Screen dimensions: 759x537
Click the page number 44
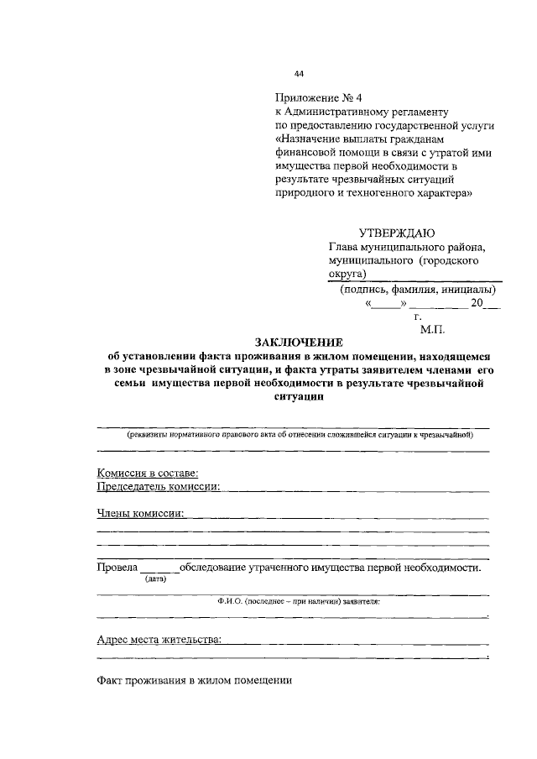pyautogui.click(x=300, y=74)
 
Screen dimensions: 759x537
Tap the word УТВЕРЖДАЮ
pyautogui.click(x=397, y=233)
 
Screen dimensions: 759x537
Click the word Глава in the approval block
pyautogui.click(x=347, y=248)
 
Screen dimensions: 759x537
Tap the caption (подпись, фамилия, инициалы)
pyautogui.click(x=412, y=291)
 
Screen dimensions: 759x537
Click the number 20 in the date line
pyautogui.click(x=477, y=305)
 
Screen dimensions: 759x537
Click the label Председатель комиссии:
pyautogui.click(x=159, y=486)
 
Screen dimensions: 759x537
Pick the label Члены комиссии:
pyautogui.click(x=141, y=512)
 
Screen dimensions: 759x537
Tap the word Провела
pyautogui.click(x=117, y=568)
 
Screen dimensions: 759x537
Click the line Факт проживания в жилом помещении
pyautogui.click(x=194, y=681)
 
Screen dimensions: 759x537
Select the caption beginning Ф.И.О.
pyautogui.click(x=298, y=602)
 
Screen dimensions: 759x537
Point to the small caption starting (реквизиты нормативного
pyautogui.click(x=300, y=435)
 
